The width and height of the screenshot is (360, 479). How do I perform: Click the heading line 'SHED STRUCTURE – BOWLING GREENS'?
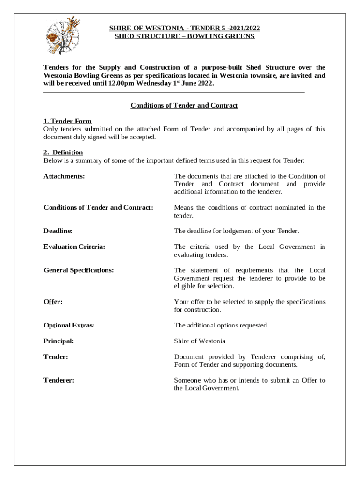[x=185, y=36]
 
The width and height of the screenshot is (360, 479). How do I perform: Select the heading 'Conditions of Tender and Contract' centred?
[x=184, y=105]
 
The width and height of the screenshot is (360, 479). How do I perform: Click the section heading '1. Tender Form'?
[x=67, y=121]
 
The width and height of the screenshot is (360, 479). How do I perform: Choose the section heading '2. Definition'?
[x=63, y=152]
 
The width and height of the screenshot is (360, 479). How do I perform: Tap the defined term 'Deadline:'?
[x=58, y=231]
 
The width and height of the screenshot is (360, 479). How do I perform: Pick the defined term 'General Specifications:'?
[x=79, y=270]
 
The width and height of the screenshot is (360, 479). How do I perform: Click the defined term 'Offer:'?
[x=53, y=302]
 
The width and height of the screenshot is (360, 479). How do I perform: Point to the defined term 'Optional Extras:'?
[x=69, y=325]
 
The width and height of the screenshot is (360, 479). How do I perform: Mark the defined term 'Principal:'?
[x=58, y=341]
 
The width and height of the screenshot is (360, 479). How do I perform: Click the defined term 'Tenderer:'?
[x=59, y=380]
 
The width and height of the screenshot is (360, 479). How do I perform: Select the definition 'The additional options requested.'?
[x=221, y=325]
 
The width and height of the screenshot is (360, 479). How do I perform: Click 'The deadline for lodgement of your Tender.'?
[x=236, y=231]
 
